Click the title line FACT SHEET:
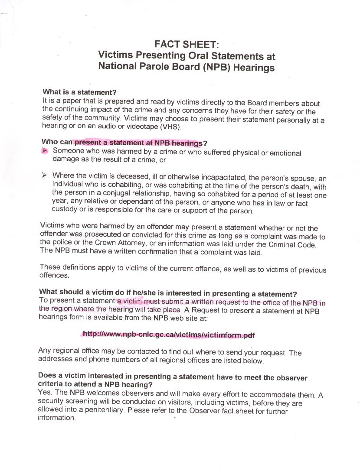187,44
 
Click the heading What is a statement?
80,92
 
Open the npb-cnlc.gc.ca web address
168,335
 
